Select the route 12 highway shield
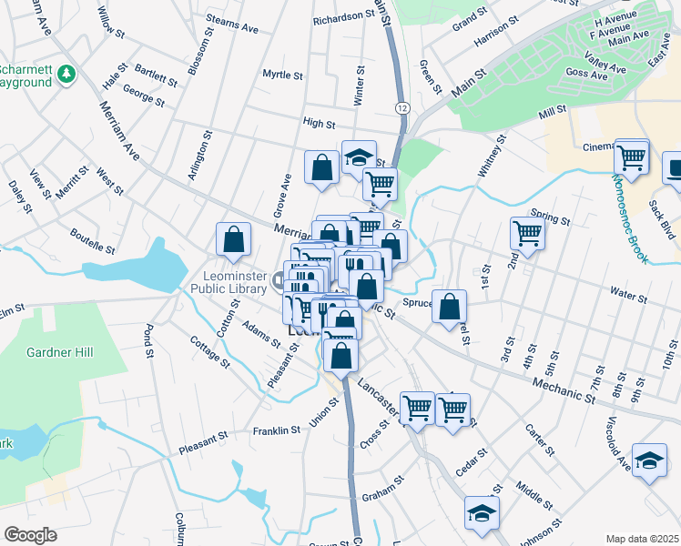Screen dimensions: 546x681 pyautogui.click(x=401, y=108)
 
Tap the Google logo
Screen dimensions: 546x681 pyautogui.click(x=31, y=534)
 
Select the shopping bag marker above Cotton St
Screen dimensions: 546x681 pyautogui.click(x=234, y=239)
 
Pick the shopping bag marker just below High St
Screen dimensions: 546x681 pyautogui.click(x=321, y=167)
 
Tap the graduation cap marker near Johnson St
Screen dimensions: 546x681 pyautogui.click(x=482, y=512)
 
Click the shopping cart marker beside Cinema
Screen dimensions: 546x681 pyautogui.click(x=631, y=157)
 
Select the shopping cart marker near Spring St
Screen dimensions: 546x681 pyautogui.click(x=527, y=234)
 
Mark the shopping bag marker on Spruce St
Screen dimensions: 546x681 pyautogui.click(x=449, y=307)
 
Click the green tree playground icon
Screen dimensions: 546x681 pyautogui.click(x=66, y=74)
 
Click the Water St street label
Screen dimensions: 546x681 pyautogui.click(x=628, y=296)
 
